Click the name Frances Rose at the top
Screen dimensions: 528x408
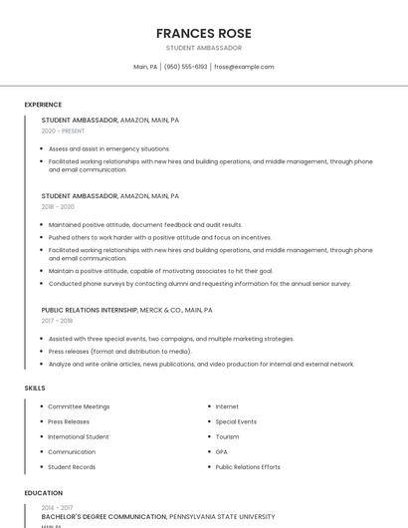tap(203, 33)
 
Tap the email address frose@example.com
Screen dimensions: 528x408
tap(244, 67)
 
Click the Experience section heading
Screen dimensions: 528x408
tap(43, 105)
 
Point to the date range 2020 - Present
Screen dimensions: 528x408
tap(63, 131)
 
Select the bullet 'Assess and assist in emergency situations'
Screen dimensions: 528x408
tap(109, 148)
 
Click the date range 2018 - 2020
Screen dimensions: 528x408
tap(58, 207)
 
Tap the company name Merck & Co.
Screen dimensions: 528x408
tap(161, 310)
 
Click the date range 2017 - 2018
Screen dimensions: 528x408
tap(57, 321)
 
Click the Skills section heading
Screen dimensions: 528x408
tap(35, 388)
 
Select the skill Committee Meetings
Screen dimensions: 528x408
tap(79, 406)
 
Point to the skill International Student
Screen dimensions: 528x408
tap(79, 436)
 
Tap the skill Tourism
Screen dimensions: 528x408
tap(227, 436)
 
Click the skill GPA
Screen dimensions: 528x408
tap(222, 451)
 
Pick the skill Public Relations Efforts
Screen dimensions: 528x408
tap(248, 466)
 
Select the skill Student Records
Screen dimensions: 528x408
tap(72, 466)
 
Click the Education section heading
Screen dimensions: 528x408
tap(43, 493)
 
